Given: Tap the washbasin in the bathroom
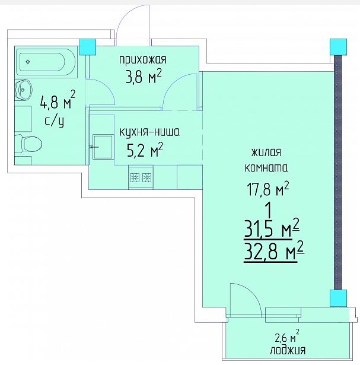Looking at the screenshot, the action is click(23, 90).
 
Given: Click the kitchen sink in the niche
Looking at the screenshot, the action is click(103, 147).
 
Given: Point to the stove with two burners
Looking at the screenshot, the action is click(141, 177).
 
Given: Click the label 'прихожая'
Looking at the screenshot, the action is click(143, 60).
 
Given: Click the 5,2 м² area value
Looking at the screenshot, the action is click(145, 150).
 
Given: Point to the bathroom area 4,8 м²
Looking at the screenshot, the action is click(58, 101).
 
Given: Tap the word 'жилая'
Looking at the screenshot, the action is click(266, 153).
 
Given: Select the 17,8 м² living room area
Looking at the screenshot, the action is click(267, 189).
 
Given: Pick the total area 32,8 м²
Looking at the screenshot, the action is click(274, 252).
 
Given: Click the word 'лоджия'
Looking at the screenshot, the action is click(288, 350).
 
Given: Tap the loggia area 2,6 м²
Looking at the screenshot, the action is click(287, 336).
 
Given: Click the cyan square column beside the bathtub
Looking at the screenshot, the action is click(88, 47).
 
